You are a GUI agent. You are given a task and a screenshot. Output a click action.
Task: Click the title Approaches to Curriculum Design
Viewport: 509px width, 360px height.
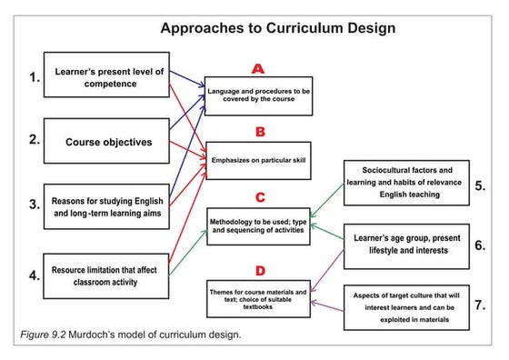(277, 27)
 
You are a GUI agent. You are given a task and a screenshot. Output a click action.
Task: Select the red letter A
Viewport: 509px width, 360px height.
(259, 68)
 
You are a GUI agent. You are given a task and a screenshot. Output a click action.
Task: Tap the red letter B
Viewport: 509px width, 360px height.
(259, 132)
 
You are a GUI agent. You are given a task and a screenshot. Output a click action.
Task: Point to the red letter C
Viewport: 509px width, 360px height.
(260, 196)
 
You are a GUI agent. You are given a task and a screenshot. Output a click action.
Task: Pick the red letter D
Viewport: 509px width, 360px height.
(260, 270)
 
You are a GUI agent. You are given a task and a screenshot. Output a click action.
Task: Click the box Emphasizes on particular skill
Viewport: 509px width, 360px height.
(260, 159)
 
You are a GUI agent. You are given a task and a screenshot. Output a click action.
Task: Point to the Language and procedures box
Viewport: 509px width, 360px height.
(260, 95)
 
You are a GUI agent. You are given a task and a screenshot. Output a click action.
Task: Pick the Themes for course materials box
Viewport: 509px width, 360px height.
(260, 298)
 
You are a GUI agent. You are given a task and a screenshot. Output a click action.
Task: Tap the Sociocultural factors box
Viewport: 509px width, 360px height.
(406, 182)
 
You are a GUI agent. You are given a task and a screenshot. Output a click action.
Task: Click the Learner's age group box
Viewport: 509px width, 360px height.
(406, 245)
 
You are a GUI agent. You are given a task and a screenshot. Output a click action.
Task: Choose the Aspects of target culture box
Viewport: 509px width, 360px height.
(406, 305)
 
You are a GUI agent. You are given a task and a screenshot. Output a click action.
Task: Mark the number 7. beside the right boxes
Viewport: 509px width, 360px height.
(480, 305)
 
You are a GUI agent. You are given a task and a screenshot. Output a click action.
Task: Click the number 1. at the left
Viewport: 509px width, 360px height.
(34, 77)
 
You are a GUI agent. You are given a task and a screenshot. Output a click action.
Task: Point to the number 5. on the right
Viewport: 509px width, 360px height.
(480, 185)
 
